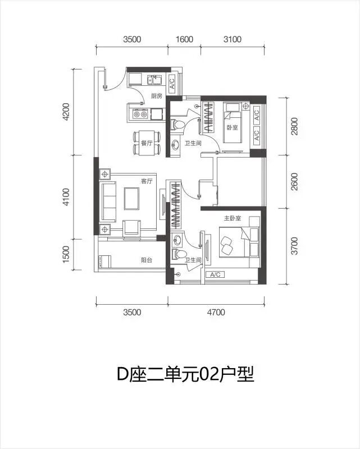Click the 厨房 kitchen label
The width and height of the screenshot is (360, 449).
pyautogui.click(x=157, y=96)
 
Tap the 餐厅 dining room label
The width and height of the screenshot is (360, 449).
pyautogui.click(x=147, y=143)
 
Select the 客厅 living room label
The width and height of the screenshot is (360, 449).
pyautogui.click(x=147, y=181)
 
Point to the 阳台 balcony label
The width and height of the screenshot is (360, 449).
pyautogui.click(x=147, y=260)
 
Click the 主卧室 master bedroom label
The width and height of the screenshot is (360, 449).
pyautogui.click(x=233, y=218)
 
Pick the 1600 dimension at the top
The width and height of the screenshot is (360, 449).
pyautogui.click(x=184, y=39)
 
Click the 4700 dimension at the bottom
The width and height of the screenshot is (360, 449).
pyautogui.click(x=216, y=312)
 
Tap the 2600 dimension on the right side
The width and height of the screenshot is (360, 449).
pyautogui.click(x=294, y=182)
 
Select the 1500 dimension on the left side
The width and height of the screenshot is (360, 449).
pyautogui.click(x=66, y=254)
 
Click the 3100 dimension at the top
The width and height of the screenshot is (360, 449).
pyautogui.click(x=233, y=39)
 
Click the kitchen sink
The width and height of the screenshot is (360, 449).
pyautogui.click(x=154, y=80)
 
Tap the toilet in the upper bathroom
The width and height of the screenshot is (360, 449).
pyautogui.click(x=177, y=125)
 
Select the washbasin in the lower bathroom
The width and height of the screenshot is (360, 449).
pyautogui.click(x=177, y=240)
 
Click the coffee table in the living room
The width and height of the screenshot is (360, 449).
pyautogui.click(x=131, y=199)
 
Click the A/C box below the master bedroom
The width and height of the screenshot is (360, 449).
pyautogui.click(x=215, y=274)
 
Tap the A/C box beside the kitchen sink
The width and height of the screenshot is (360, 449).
pyautogui.click(x=172, y=84)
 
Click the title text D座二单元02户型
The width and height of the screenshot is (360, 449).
pyautogui.click(x=185, y=374)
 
